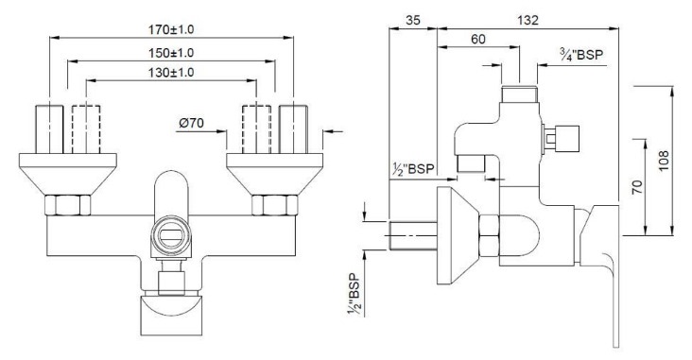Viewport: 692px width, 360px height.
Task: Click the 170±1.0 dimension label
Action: click(x=171, y=29)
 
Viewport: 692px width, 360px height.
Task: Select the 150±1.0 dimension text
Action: click(x=171, y=52)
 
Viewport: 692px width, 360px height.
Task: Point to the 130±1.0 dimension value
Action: click(x=171, y=73)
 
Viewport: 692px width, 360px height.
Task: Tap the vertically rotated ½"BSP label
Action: click(x=354, y=296)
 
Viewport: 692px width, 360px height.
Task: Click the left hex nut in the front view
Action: click(x=69, y=205)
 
